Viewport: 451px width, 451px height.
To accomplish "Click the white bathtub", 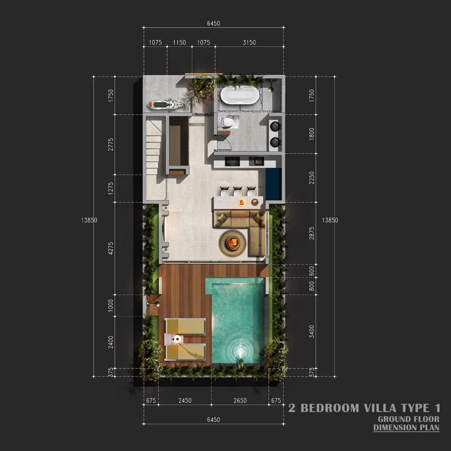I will point(240,95).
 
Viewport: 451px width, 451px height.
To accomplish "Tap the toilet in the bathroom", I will point(226,122).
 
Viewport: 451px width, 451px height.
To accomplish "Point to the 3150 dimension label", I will point(249,42).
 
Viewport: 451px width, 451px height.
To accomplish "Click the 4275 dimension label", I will point(110,248).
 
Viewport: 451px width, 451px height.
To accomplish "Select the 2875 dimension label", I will point(312,233).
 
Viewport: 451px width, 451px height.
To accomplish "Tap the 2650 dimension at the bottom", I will point(240,401).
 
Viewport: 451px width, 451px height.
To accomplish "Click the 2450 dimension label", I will point(185,401).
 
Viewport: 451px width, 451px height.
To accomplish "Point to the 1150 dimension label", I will point(179,42).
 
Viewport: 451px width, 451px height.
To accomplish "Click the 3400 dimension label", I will point(312,331).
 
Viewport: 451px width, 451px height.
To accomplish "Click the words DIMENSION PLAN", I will point(406,428).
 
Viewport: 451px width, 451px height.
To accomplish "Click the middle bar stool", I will point(238,191).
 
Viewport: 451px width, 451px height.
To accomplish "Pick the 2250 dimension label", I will point(312,178).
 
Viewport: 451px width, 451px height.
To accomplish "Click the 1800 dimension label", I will point(312,134).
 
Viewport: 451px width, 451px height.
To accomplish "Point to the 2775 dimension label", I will point(110,144).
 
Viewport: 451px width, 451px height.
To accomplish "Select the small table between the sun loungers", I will point(176,339).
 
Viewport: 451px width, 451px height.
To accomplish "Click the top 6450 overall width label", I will point(213,23).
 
